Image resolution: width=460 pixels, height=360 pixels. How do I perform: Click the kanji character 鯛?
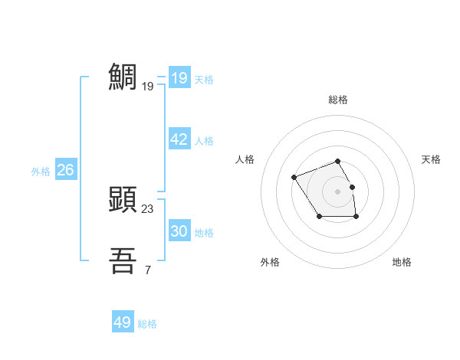123,77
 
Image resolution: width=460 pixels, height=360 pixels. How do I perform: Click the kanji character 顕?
123,199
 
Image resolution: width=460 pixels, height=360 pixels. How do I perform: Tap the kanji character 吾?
123,260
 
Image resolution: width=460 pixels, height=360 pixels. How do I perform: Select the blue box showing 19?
179,78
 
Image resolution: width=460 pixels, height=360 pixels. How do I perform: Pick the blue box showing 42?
179,139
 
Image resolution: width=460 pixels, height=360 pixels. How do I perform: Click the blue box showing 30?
179,231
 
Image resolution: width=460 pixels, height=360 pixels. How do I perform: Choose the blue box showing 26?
65,170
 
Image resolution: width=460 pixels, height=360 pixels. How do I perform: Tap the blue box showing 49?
122,322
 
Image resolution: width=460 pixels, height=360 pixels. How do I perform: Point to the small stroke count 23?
148,208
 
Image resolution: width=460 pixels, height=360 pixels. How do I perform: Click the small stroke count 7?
148,270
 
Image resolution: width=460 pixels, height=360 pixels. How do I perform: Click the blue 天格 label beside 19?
204,80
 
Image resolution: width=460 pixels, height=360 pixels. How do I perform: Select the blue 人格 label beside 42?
204,141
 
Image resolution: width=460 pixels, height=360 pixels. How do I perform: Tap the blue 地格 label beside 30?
204,233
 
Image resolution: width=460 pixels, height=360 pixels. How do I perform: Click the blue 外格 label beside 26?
41,172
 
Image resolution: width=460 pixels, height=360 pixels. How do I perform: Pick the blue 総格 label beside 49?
147,324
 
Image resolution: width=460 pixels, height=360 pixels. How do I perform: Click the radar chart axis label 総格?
338,100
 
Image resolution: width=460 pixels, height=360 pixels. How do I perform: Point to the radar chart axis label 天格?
432,159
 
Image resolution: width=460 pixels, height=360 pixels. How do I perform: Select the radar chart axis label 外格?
270,262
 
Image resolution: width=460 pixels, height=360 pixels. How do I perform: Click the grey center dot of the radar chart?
337,191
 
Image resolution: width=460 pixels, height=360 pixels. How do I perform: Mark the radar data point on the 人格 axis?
294,178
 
